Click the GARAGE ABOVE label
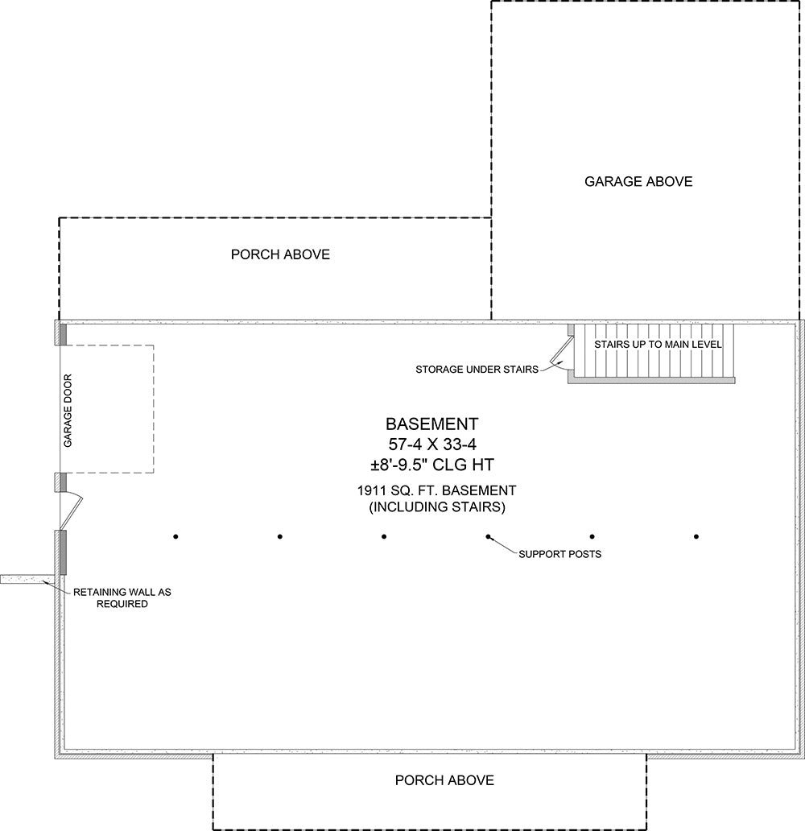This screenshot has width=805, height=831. coord(638,182)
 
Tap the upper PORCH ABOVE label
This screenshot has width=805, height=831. coord(280,254)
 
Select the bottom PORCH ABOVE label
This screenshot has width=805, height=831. coord(444,780)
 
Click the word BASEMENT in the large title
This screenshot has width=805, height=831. coord(432,424)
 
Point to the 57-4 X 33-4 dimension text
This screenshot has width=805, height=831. coord(432,444)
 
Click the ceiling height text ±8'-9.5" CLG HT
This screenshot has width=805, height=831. coord(432,465)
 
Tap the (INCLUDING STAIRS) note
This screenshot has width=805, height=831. coord(437,507)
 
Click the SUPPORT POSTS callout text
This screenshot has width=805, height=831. coord(559,554)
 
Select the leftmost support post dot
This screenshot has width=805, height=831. coord(175,537)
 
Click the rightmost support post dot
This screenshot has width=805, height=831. coord(696,537)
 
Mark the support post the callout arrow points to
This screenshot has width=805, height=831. coord(488,537)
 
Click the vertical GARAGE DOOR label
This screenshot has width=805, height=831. coord(68,411)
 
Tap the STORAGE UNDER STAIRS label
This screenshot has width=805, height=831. coord(477,370)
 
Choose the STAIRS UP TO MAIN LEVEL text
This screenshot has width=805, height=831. coord(658,345)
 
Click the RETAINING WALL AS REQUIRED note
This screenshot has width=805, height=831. coord(122,597)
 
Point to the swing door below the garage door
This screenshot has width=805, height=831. coord(72,512)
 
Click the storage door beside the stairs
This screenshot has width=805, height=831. coord(561,353)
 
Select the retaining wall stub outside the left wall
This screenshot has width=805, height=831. coord(27,579)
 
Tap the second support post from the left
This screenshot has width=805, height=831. coord(280,537)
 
